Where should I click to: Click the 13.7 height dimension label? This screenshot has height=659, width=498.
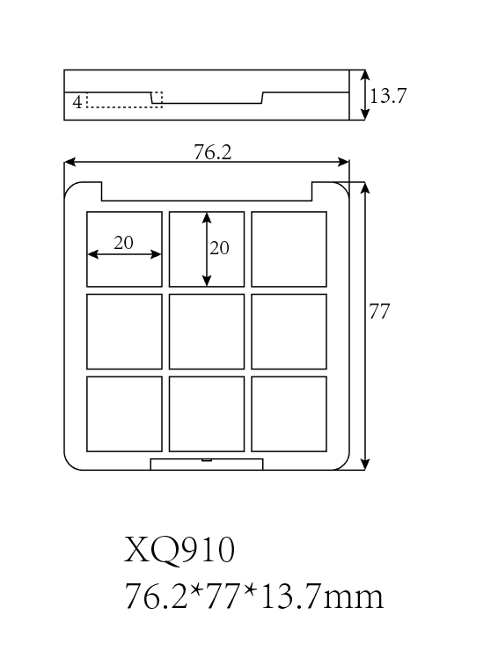387,95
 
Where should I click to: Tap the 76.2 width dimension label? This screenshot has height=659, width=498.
213,151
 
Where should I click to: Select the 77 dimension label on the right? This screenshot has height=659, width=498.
379,311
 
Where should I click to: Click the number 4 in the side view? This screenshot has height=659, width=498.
77,102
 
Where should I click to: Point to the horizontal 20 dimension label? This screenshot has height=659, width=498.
123,243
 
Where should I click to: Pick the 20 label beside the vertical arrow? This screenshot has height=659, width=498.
219,248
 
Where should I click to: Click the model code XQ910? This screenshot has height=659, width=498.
179,550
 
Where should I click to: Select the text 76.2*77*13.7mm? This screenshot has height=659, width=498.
254,597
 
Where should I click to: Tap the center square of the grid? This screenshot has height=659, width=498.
207,332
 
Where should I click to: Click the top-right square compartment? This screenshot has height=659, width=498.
289,249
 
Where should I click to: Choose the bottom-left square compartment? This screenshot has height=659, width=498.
124,414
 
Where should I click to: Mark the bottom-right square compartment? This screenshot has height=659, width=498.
289,414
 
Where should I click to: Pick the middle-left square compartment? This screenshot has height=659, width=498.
124,332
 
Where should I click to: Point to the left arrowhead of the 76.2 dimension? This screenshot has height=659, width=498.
70,162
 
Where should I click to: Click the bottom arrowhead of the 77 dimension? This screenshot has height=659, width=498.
365,465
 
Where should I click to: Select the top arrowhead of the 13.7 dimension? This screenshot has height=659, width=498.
365,76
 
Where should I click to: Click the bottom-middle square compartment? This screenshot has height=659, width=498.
207,414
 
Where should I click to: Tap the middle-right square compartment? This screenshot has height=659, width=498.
289,332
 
